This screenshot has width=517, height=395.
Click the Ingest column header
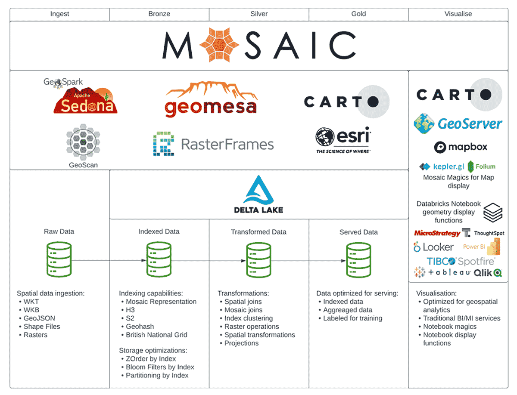click(59, 14)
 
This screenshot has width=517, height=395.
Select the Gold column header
click(358, 14)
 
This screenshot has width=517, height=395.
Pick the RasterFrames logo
click(213, 145)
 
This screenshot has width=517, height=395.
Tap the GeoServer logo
click(458, 124)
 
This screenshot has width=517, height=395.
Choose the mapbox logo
click(461, 147)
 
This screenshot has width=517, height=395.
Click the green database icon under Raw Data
click(59, 259)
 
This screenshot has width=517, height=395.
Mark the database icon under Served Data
click(358, 259)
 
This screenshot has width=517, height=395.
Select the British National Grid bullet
click(156, 335)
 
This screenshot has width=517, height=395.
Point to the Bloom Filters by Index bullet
click(160, 367)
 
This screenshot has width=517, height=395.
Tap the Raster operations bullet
click(252, 327)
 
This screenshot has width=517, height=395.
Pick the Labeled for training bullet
click(352, 318)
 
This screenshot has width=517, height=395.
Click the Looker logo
click(433, 247)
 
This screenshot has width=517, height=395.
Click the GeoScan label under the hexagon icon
click(83, 165)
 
